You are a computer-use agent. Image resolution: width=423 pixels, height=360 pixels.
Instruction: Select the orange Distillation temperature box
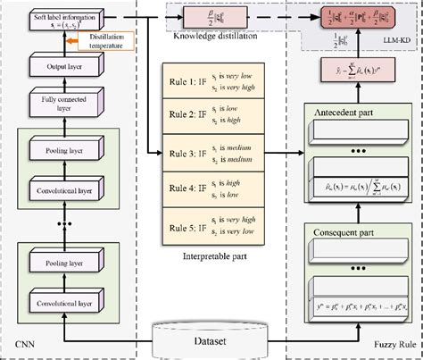(x=95, y=42)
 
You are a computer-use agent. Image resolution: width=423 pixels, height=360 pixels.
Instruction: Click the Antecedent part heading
(x=344, y=111)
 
